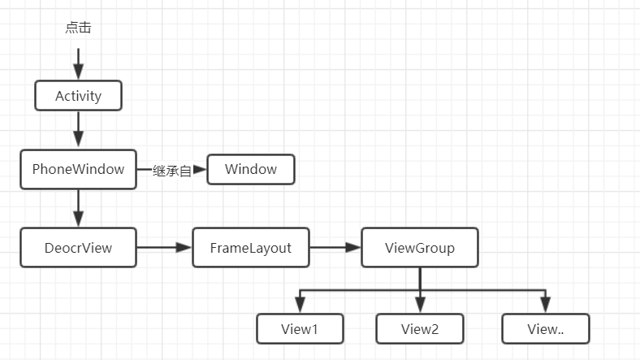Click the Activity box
78,96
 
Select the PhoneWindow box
78,170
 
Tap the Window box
251,170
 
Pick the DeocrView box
78,248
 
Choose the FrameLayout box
251,248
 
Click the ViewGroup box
420,248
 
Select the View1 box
300,328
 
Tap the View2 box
420,328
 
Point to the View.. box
545,328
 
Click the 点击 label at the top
78,28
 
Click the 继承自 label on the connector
172,171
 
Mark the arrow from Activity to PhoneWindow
78,130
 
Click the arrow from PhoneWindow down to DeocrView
78,208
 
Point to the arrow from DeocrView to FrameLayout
164,248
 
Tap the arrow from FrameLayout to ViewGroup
335,248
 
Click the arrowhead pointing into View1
300,305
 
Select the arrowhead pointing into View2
420,305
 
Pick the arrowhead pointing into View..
545,305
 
